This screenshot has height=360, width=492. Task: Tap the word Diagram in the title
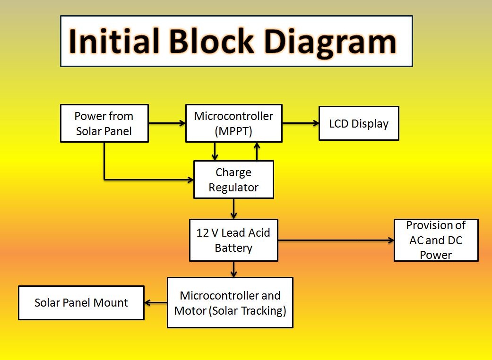point(331,41)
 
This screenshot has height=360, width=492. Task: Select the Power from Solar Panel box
point(104,123)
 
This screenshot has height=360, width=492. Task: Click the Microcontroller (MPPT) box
point(233,123)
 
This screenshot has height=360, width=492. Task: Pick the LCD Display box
point(359,124)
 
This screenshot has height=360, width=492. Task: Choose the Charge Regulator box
point(233,180)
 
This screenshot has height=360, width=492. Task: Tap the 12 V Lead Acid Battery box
point(233,240)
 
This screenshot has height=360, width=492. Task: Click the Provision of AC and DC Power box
point(436,240)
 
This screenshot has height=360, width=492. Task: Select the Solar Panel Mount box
point(81,303)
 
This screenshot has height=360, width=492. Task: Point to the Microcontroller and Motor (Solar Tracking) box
point(230,303)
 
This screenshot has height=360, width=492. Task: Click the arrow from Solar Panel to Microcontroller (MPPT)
point(167,124)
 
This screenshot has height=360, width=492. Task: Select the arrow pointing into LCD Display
point(301,124)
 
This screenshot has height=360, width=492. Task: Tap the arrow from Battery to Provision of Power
point(336,240)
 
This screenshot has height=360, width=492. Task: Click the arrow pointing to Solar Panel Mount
point(155,303)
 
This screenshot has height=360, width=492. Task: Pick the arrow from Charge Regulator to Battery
point(233,208)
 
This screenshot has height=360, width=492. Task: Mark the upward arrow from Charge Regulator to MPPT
point(257,151)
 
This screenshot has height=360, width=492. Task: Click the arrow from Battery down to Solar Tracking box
point(233,269)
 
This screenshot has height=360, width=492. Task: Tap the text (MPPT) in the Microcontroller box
point(233,131)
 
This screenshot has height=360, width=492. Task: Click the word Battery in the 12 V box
point(233,248)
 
